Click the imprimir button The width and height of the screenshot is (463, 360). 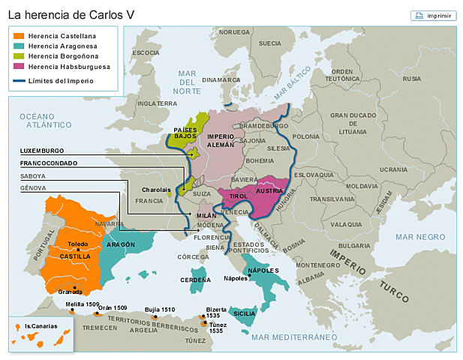pyautogui.click(x=433, y=15)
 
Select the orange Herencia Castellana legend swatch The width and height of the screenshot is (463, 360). pyautogui.click(x=19, y=35)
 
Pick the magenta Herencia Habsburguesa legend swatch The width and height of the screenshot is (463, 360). pyautogui.click(x=19, y=66)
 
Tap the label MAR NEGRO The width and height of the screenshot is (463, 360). pyautogui.click(x=419, y=236)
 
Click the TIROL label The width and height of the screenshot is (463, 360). pyautogui.click(x=239, y=196)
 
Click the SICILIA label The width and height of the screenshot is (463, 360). pyautogui.click(x=245, y=313)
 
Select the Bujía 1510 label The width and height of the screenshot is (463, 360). pyautogui.click(x=160, y=309)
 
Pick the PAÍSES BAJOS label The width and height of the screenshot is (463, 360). pyautogui.click(x=185, y=133)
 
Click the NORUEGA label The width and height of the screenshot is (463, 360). pyautogui.click(x=234, y=32)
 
